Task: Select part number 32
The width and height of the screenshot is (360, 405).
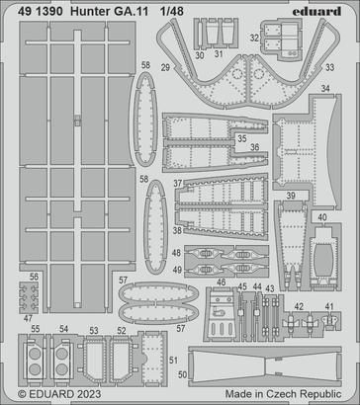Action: (254, 40)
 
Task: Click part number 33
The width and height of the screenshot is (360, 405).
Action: (328, 67)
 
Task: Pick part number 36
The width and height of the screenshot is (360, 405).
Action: (254, 149)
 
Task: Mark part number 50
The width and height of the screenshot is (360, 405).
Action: (181, 375)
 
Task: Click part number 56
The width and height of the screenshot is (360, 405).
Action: (35, 279)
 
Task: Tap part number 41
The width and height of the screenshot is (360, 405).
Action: (329, 307)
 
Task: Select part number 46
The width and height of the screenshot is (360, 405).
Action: (221, 283)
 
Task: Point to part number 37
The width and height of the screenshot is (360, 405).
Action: (177, 184)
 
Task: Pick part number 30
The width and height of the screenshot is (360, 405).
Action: (199, 55)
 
